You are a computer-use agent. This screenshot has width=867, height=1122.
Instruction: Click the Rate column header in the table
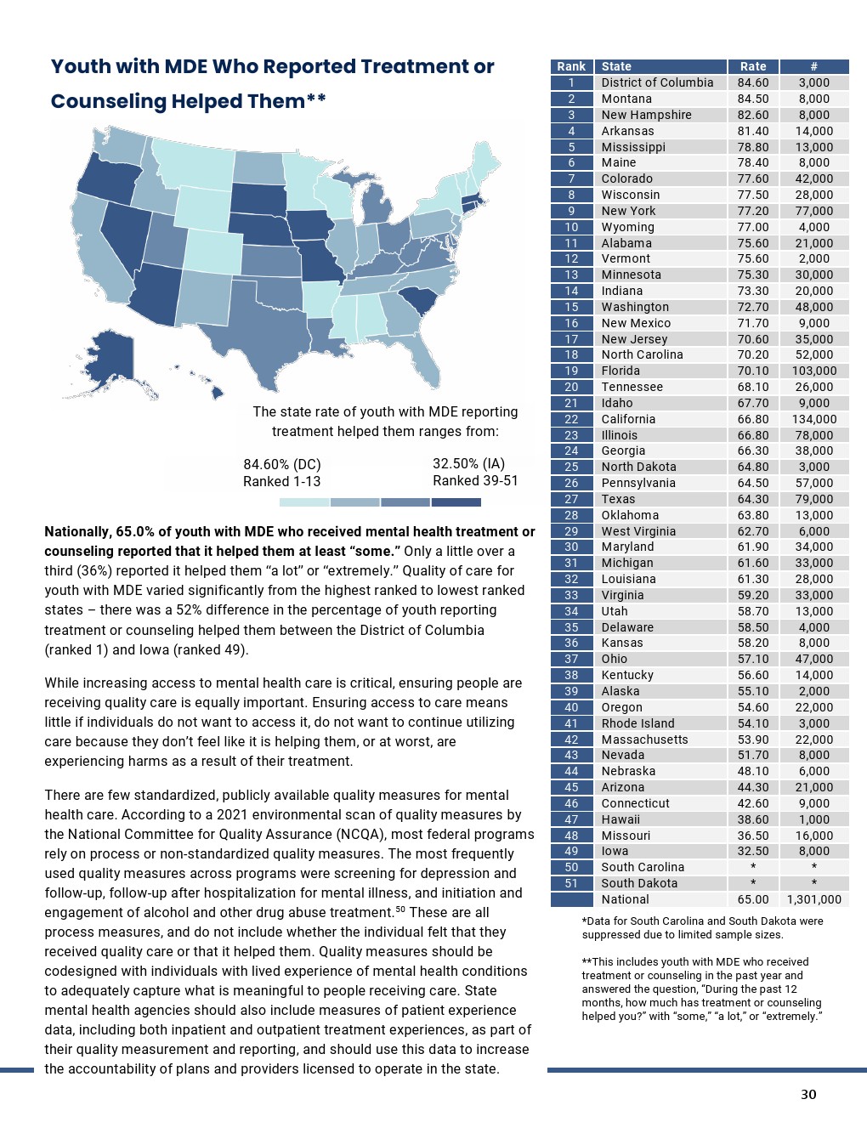click(x=753, y=66)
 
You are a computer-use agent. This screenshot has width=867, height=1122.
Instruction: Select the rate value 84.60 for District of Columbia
click(x=753, y=82)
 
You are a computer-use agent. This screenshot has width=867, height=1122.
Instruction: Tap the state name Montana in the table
click(x=626, y=99)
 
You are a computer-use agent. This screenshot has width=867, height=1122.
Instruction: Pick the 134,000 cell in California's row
click(x=813, y=419)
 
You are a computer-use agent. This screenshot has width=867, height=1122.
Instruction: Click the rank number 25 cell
click(x=571, y=467)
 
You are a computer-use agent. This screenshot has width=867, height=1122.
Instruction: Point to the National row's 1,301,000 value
click(x=813, y=899)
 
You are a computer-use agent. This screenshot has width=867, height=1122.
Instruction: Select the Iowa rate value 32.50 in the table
click(x=753, y=851)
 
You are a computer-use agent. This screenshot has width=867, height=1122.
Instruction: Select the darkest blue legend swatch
click(x=456, y=502)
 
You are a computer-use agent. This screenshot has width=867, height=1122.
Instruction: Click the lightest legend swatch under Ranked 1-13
click(x=303, y=502)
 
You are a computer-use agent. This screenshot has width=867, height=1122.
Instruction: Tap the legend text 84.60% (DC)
click(x=282, y=464)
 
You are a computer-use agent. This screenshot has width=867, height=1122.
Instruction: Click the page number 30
click(x=808, y=1094)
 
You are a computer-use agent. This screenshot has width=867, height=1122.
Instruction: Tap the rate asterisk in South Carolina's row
click(x=753, y=867)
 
